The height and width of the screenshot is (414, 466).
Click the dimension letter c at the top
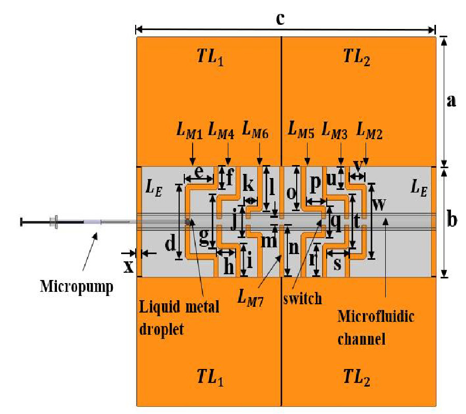point(280,19)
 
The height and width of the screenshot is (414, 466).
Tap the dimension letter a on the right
point(452,100)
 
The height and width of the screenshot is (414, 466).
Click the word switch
point(303,298)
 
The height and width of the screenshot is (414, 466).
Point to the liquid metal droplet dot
point(188,222)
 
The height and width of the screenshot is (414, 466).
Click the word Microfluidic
point(375,317)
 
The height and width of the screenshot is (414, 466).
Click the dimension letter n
point(294,248)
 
